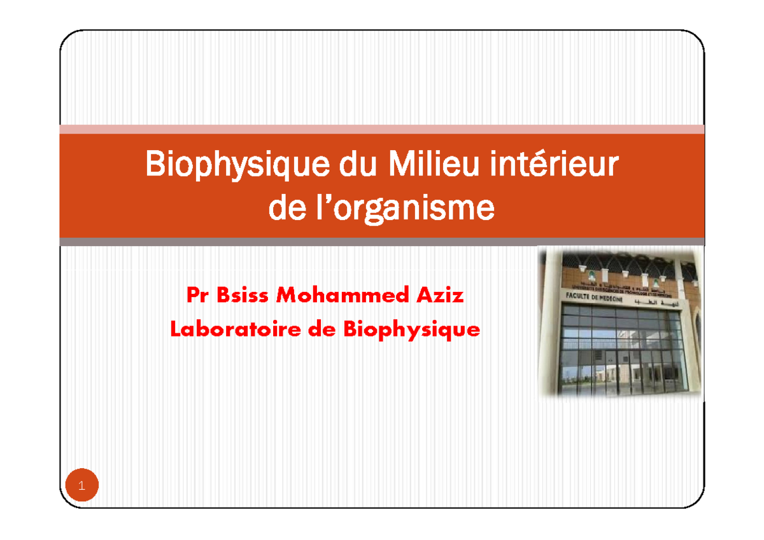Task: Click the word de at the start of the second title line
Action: (286, 209)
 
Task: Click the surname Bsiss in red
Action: (237, 296)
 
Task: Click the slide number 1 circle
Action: (81, 487)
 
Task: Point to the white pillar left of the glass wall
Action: (551, 337)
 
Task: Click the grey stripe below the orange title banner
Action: (382, 242)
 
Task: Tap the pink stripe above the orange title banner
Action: (382, 129)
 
